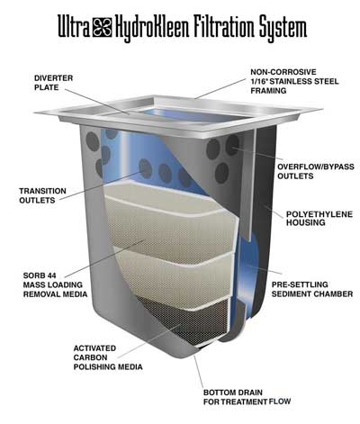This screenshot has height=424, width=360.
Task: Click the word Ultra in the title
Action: click(74, 26)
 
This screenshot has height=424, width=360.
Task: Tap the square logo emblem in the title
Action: click(102, 27)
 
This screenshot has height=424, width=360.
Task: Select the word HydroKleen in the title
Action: click(152, 29)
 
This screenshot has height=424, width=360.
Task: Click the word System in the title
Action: click(283, 29)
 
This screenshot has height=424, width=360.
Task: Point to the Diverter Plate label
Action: click(53, 83)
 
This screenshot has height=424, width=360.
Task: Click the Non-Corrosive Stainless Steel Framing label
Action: click(294, 81)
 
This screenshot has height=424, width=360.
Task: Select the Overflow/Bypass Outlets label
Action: click(316, 171)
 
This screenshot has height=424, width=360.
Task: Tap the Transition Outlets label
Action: click(42, 195)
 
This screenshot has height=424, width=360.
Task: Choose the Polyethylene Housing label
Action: click(319, 219)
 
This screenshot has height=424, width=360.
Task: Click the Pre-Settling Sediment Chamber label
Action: click(312, 289)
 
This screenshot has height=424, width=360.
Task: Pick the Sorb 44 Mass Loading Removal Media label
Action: click(55, 284)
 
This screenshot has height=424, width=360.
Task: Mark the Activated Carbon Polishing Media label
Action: click(108, 357)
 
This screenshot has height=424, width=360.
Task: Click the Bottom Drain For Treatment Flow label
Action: click(247, 397)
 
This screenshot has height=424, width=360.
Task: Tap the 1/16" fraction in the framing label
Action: click(259, 81)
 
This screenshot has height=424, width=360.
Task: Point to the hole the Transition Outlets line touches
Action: click(146, 168)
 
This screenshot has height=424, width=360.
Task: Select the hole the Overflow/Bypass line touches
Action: click(232, 145)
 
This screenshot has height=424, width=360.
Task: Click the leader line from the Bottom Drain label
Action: click(198, 372)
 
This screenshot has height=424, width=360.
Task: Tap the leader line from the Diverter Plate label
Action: click(97, 101)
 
